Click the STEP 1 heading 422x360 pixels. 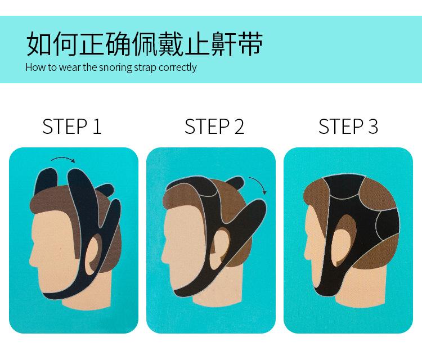(x=72, y=127)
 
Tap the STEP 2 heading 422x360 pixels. (x=214, y=127)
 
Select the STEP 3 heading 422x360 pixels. (x=348, y=127)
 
